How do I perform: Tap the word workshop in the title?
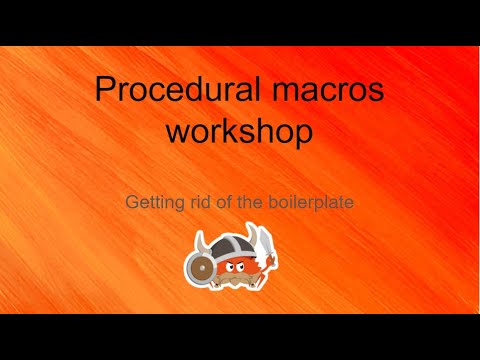point(240,131)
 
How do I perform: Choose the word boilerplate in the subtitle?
point(312,201)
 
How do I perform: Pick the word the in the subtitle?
point(247,201)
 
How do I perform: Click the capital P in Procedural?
point(105,91)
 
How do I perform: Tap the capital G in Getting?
point(132,201)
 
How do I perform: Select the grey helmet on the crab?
point(236,246)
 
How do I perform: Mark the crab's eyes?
point(238,261)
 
